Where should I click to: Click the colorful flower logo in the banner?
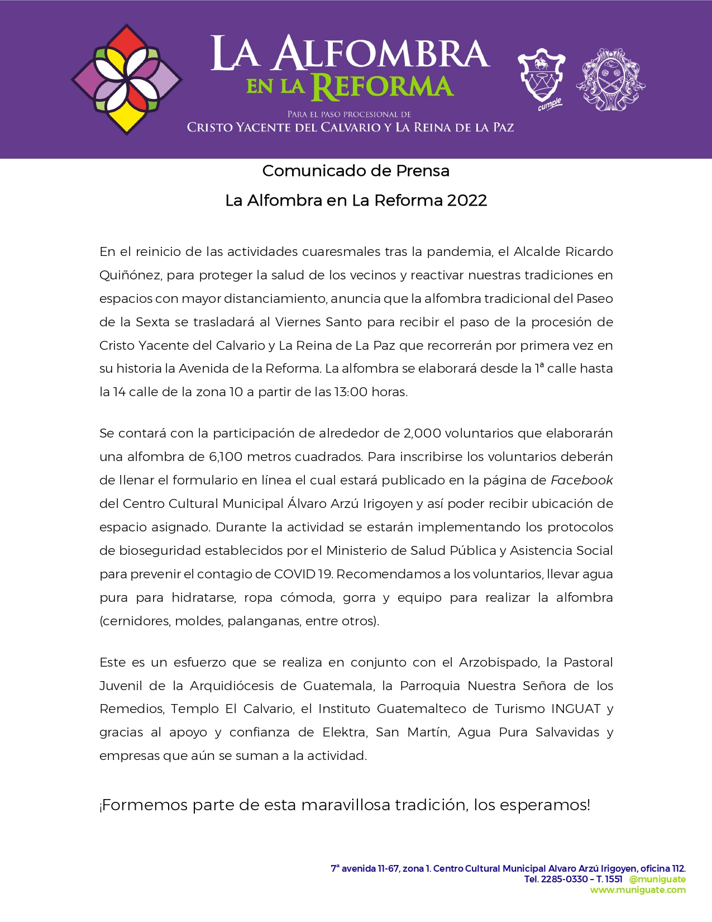coord(127,79)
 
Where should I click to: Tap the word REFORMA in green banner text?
coord(383,87)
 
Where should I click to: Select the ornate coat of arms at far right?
coord(610,79)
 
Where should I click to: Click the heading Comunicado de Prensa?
coord(356,170)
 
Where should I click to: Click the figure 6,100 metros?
coord(226,457)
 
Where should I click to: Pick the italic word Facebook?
coord(581,480)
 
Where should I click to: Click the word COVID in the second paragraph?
coord(294,574)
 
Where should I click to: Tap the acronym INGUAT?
coord(576,709)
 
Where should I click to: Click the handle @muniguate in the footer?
coord(657,879)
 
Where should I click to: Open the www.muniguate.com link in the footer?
coord(638,890)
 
